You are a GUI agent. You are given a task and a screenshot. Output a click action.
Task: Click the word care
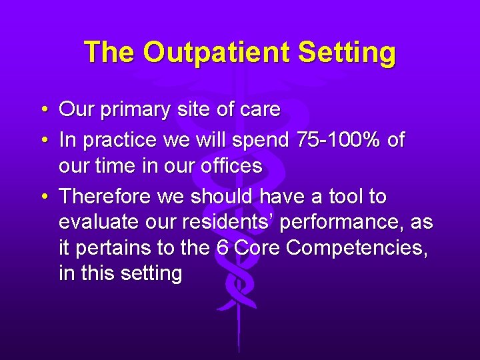[x=259, y=110]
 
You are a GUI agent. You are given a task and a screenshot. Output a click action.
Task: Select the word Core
[x=258, y=248]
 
